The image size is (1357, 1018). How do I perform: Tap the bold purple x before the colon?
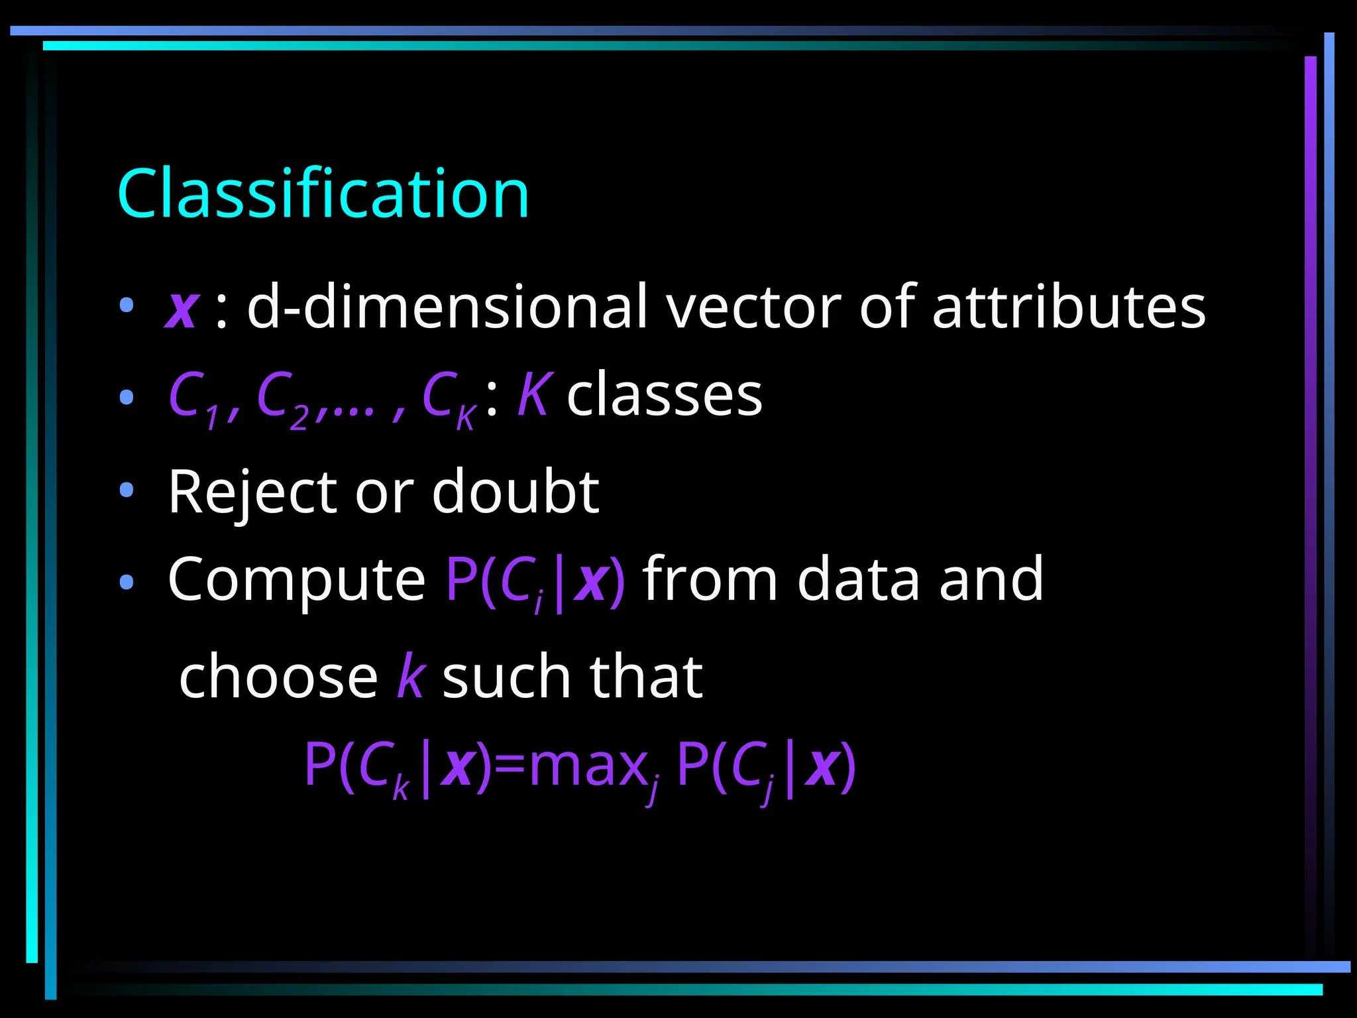182,308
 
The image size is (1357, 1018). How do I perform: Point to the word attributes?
1069,308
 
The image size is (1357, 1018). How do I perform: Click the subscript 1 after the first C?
211,419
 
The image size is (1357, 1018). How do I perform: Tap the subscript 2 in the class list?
299,419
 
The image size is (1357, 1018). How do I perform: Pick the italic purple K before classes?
533,395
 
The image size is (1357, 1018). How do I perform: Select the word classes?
665,396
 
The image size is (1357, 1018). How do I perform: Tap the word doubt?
516,492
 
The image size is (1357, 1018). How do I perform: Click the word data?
859,579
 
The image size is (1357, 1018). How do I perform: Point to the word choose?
278,677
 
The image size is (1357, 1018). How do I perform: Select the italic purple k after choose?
411,677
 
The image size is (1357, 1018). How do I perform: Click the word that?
646,677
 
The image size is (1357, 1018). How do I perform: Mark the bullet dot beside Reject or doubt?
127,490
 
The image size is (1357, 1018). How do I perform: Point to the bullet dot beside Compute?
127,582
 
